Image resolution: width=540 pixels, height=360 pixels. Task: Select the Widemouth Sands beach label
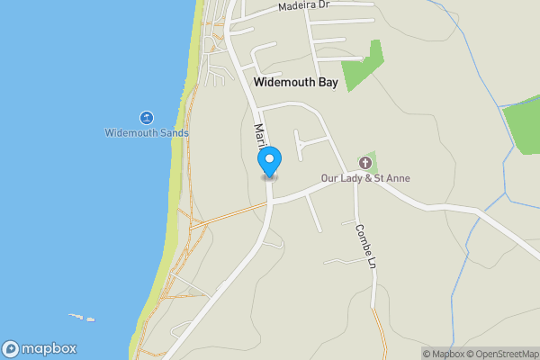[147, 133]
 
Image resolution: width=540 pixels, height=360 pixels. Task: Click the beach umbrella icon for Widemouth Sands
[146, 118]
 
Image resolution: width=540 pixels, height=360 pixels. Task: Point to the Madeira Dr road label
[306, 5]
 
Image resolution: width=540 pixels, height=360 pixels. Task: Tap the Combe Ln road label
[364, 245]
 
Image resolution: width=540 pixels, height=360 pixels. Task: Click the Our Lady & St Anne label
[366, 178]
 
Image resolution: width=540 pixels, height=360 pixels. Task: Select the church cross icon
[365, 163]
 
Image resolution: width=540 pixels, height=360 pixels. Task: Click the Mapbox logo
[40, 348]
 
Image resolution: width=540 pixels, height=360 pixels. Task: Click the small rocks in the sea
[83, 317]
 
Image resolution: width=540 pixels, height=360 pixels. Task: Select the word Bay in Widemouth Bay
[328, 81]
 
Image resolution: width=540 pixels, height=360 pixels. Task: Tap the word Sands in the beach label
[175, 133]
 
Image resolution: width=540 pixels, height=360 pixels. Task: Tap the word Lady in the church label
[353, 178]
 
